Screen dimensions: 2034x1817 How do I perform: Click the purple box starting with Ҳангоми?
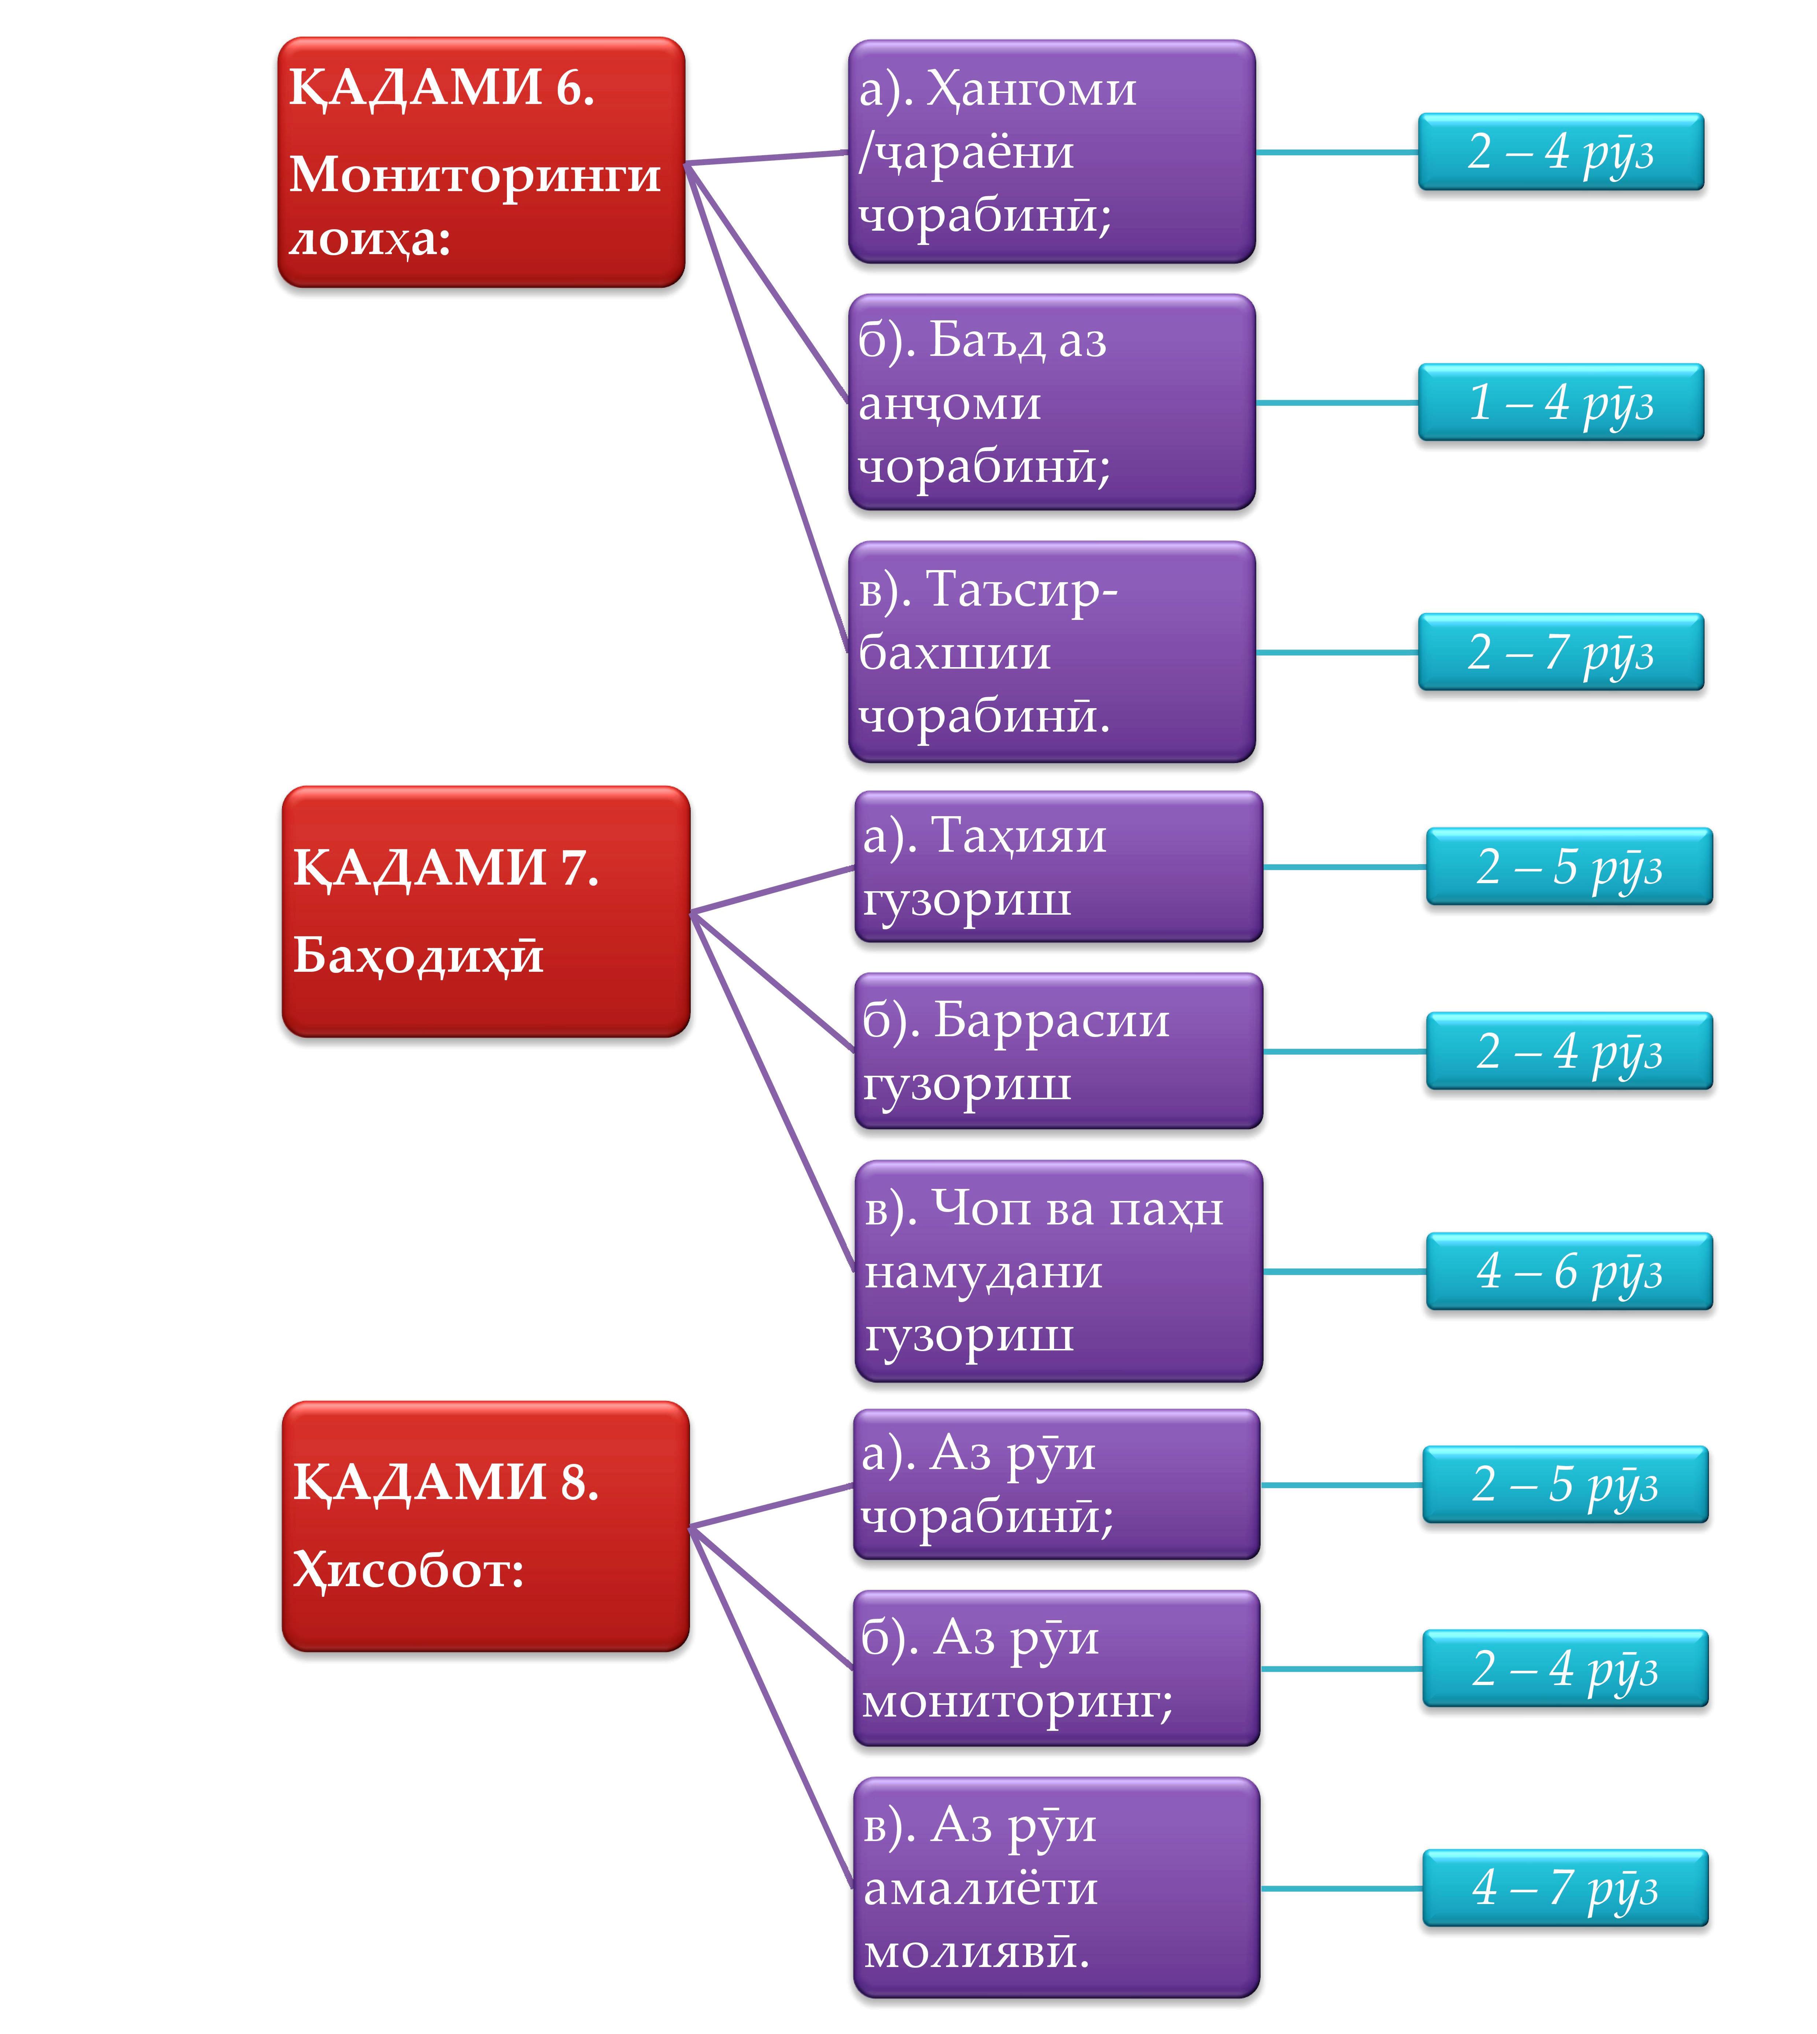[1051, 152]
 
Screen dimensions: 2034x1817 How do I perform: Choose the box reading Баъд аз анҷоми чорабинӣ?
[1051, 402]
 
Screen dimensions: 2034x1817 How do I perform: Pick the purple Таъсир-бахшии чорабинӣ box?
[1051, 652]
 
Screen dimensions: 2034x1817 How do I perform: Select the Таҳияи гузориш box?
[1058, 866]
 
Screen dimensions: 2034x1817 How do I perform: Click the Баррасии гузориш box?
[1058, 1051]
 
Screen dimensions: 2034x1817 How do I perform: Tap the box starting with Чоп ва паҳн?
[1058, 1271]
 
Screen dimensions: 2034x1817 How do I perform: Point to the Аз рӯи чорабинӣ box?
[1056, 1484]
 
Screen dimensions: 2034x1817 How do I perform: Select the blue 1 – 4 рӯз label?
[1560, 402]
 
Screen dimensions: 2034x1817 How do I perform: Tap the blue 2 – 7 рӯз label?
[1560, 652]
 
